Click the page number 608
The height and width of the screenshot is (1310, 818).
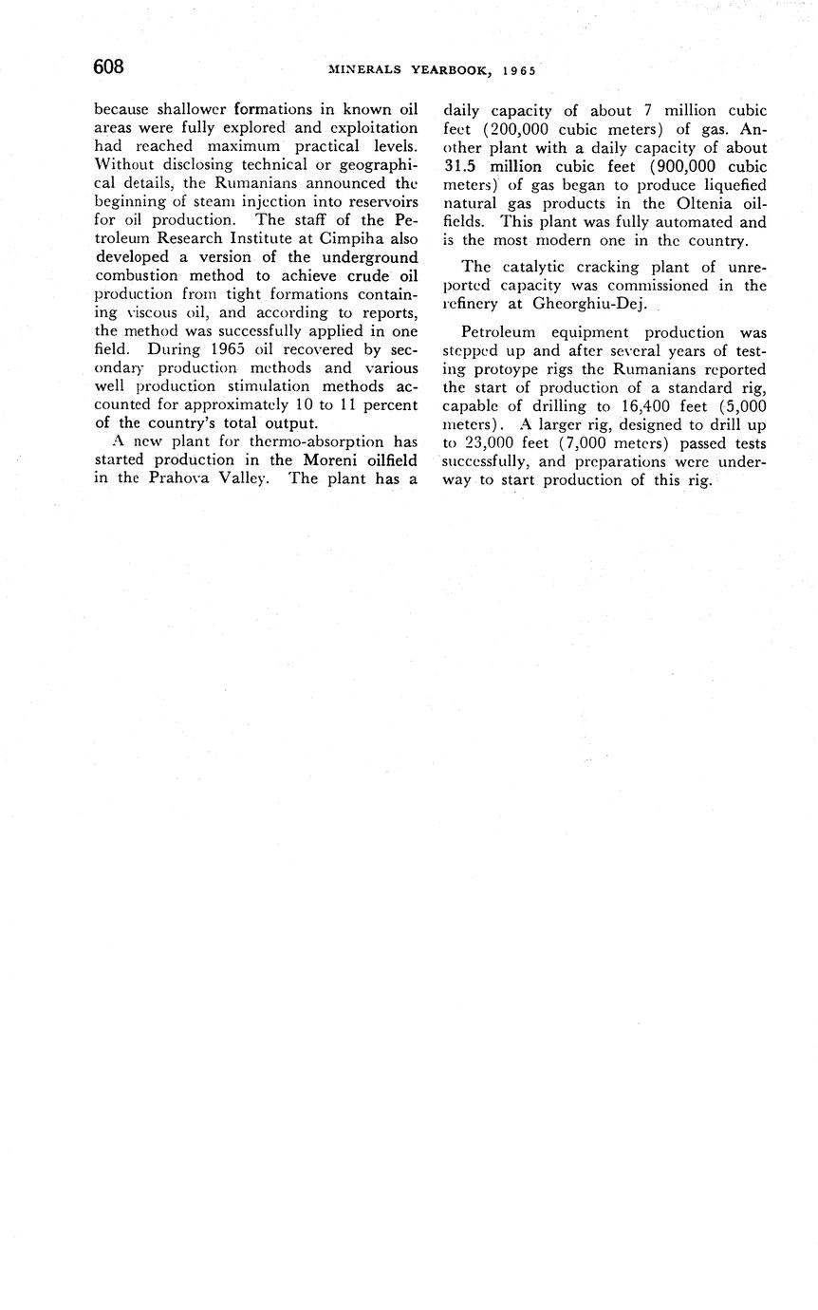pyautogui.click(x=109, y=66)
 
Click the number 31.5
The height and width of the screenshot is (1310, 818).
pyautogui.click(x=466, y=166)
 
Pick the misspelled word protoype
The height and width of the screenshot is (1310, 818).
pyautogui.click(x=516, y=369)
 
